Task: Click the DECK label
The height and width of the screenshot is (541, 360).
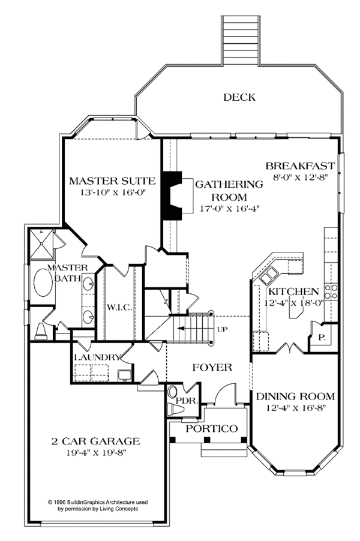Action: pyautogui.click(x=239, y=97)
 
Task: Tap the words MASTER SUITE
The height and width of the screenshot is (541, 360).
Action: pyautogui.click(x=113, y=180)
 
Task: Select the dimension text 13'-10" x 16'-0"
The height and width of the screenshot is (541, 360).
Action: pyautogui.click(x=113, y=194)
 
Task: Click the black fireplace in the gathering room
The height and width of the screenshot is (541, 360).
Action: pyautogui.click(x=173, y=197)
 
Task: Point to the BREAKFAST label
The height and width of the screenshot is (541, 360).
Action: pyautogui.click(x=300, y=165)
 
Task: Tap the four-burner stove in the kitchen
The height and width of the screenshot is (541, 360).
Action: pyautogui.click(x=331, y=291)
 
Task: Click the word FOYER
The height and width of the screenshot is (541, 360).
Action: pyautogui.click(x=212, y=366)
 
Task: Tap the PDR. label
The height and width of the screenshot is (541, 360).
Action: pyautogui.click(x=184, y=398)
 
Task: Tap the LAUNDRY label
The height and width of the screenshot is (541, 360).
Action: pyautogui.click(x=97, y=357)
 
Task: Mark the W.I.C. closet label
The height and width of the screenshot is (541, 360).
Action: pyautogui.click(x=119, y=308)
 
